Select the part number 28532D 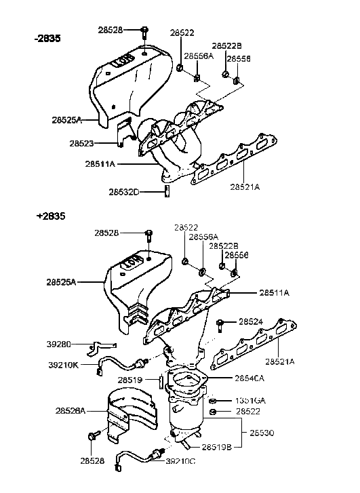(x=124, y=192)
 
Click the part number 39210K (x=66, y=364)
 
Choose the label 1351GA (x=250, y=400)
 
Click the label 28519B (x=218, y=448)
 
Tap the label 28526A (x=73, y=410)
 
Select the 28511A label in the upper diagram (x=102, y=163)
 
